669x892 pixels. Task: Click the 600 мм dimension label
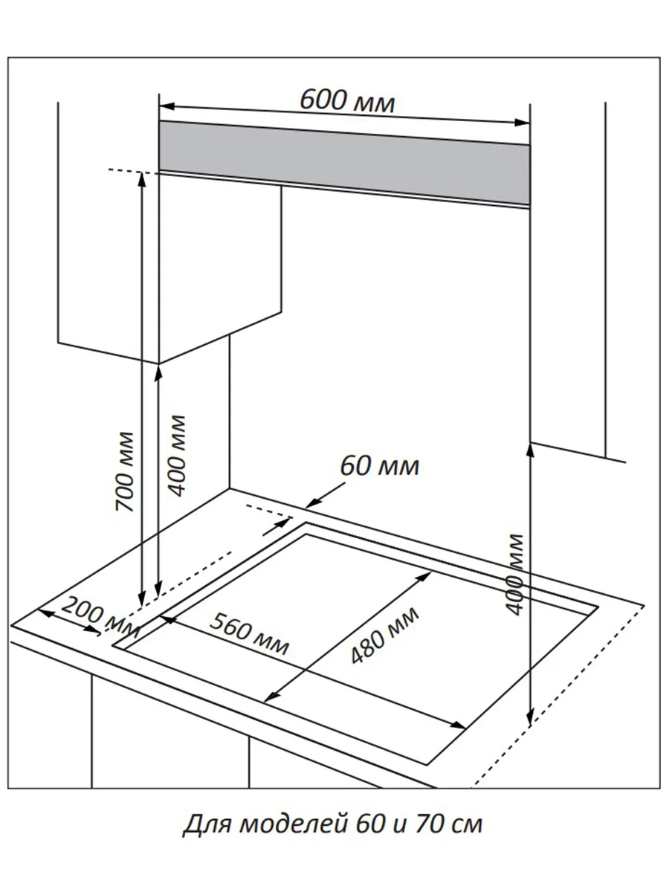pyautogui.click(x=346, y=100)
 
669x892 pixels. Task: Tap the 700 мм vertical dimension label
pyautogui.click(x=126, y=471)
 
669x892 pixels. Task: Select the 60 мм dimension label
pyautogui.click(x=380, y=467)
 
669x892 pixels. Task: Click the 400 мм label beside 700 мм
pyautogui.click(x=177, y=455)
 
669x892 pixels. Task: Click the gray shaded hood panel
pyautogui.click(x=344, y=162)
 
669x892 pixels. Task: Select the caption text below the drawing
pyautogui.click(x=332, y=824)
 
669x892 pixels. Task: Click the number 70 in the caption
pyautogui.click(x=431, y=824)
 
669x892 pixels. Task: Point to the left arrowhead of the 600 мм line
pyautogui.click(x=164, y=105)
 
